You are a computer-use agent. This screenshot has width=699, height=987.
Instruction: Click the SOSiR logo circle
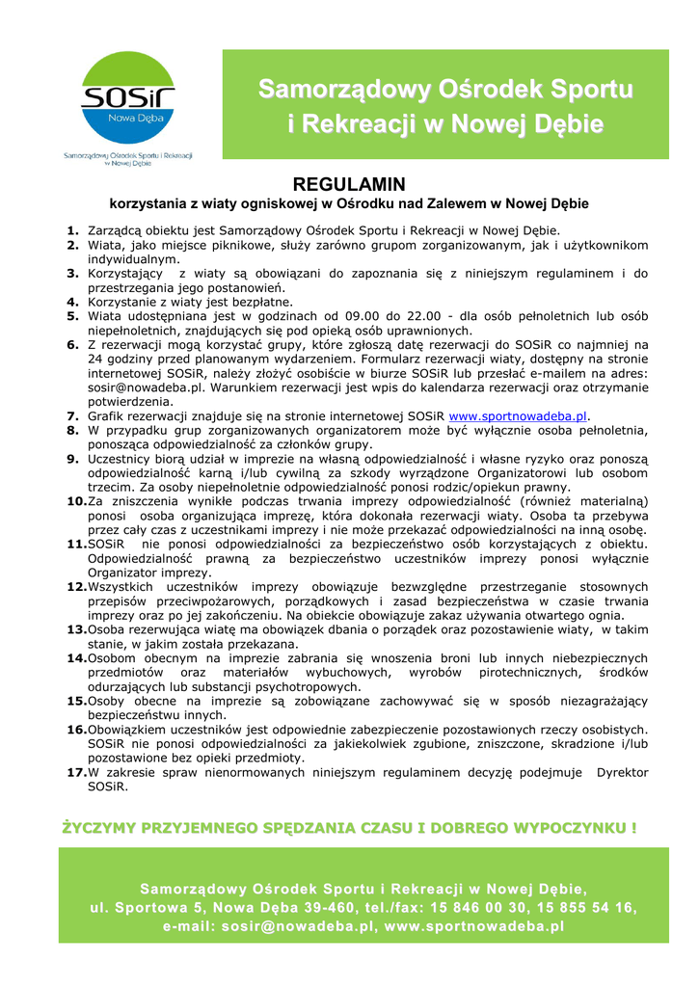[x=127, y=99]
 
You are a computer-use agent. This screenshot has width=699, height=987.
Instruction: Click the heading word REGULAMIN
[x=349, y=184]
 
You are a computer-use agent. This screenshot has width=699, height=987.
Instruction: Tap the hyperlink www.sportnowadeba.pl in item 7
[x=518, y=415]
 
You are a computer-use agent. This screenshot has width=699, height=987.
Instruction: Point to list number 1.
[x=73, y=230]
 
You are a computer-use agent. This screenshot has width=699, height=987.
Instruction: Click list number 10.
[x=76, y=501]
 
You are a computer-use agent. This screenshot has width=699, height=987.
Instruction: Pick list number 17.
[x=76, y=772]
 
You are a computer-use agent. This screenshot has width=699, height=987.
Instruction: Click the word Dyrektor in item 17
[x=622, y=772]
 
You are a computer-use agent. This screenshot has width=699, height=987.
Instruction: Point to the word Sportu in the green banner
[x=585, y=90]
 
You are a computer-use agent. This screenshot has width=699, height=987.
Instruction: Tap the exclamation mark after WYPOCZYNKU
[x=633, y=827]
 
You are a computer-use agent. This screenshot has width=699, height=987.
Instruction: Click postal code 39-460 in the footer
[x=313, y=907]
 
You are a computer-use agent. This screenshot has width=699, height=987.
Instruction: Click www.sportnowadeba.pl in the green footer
[x=473, y=926]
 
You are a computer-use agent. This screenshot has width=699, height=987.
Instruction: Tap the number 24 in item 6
[x=96, y=359]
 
